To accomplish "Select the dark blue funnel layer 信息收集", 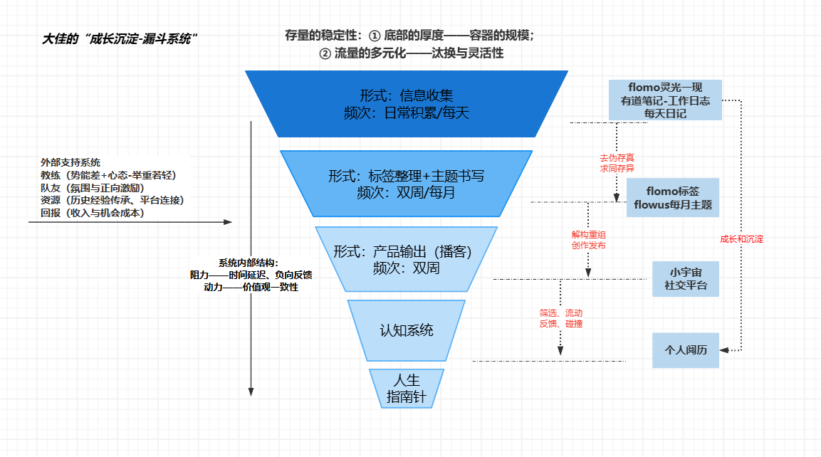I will point(407,104).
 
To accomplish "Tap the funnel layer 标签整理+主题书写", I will point(407,183).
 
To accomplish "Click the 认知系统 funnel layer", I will point(407,330).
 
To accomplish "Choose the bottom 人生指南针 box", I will point(407,389).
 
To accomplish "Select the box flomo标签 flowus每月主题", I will point(673,199).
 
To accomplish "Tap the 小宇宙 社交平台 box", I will point(686,279).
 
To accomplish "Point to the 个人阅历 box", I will point(686,350).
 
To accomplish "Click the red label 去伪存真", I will point(617,157).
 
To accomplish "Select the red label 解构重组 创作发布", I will point(589,239).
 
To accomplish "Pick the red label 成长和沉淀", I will point(741,239).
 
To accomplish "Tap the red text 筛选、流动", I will point(561,313).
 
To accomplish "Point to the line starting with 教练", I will point(108,175).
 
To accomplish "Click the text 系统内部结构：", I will point(253,262).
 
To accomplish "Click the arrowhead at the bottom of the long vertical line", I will point(251,391).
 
